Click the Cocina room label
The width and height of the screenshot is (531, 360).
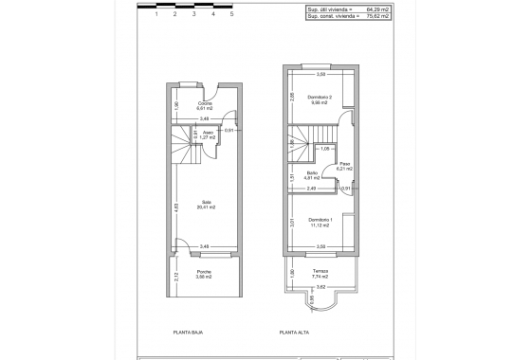click(x=204, y=106)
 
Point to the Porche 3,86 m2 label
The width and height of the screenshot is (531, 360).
click(x=204, y=275)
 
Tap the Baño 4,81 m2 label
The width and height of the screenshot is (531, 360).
click(x=312, y=175)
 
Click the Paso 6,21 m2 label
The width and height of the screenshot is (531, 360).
click(x=345, y=166)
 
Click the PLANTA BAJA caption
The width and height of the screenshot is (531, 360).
click(x=188, y=333)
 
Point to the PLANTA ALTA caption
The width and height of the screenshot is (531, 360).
click(x=295, y=333)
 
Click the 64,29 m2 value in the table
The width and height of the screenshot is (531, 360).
click(x=378, y=9)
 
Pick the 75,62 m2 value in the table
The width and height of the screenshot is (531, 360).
click(x=378, y=16)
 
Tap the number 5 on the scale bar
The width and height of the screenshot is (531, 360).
click(x=232, y=14)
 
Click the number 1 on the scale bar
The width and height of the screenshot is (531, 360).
click(x=156, y=14)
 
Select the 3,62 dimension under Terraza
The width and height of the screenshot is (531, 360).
click(x=320, y=287)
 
